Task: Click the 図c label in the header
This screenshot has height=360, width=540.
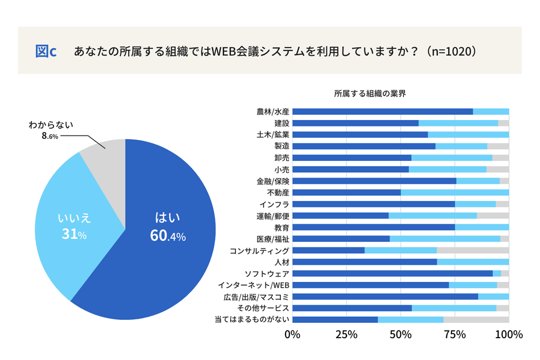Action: click(x=46, y=51)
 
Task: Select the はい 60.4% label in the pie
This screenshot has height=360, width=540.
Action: click(x=168, y=227)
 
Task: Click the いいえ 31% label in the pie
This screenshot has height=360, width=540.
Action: click(x=74, y=227)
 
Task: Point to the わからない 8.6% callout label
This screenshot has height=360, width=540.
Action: click(x=51, y=130)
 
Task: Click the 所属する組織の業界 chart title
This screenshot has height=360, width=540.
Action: click(x=370, y=94)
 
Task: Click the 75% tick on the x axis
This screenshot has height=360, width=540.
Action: click(x=455, y=335)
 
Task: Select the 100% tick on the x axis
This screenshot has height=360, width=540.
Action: click(x=508, y=335)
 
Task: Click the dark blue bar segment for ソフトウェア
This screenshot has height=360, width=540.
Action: click(x=393, y=274)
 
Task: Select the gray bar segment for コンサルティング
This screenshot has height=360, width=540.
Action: click(x=473, y=251)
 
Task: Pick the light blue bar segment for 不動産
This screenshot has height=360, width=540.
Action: click(x=454, y=193)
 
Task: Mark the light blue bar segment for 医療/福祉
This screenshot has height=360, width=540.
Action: click(x=445, y=239)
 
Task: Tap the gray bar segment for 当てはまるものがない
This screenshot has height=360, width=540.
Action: click(x=476, y=320)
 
